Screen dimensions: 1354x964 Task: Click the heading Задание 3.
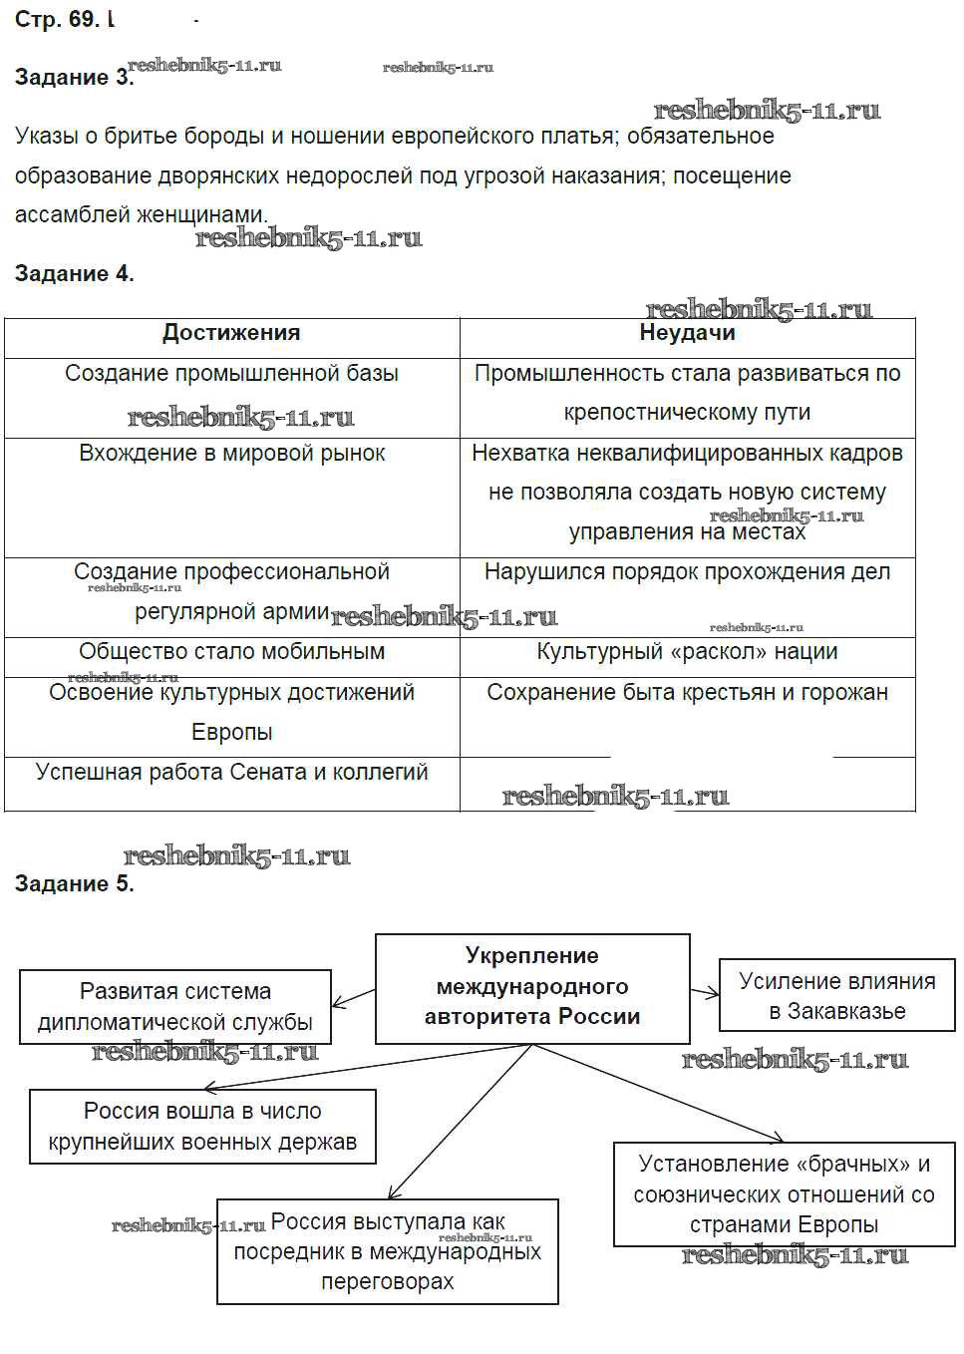pyautogui.click(x=74, y=78)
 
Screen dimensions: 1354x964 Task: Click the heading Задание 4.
pyautogui.click(x=74, y=274)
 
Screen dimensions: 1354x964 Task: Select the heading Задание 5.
pyautogui.click(x=74, y=883)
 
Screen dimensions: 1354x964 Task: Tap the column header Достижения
pyautogui.click(x=231, y=334)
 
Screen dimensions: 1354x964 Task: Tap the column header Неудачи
pyautogui.click(x=687, y=334)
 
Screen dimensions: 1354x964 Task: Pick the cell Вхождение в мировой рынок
pyautogui.click(x=231, y=454)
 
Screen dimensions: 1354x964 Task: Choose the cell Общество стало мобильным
pyautogui.click(x=231, y=652)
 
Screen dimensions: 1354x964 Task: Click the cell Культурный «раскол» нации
pyautogui.click(x=687, y=652)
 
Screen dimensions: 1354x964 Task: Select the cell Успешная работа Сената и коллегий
pyautogui.click(x=231, y=773)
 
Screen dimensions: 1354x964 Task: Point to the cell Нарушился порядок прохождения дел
pyautogui.click(x=687, y=573)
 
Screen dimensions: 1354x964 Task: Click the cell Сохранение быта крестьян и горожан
pyautogui.click(x=687, y=693)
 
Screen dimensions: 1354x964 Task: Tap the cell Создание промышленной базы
pyautogui.click(x=231, y=374)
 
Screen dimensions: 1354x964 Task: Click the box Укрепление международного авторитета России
pyautogui.click(x=532, y=987)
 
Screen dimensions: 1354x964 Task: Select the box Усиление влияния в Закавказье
pyautogui.click(x=836, y=996)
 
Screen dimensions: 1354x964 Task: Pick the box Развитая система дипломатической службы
pyautogui.click(x=175, y=1007)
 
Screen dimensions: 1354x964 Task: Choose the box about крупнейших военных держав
pyautogui.click(x=202, y=1127)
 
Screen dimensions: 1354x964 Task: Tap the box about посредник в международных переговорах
pyautogui.click(x=387, y=1251)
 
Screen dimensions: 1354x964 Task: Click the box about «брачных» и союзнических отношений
pyautogui.click(x=784, y=1193)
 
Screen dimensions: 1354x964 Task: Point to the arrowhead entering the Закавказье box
pyautogui.click(x=714, y=992)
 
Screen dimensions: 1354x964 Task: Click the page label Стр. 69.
pyautogui.click(x=57, y=20)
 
